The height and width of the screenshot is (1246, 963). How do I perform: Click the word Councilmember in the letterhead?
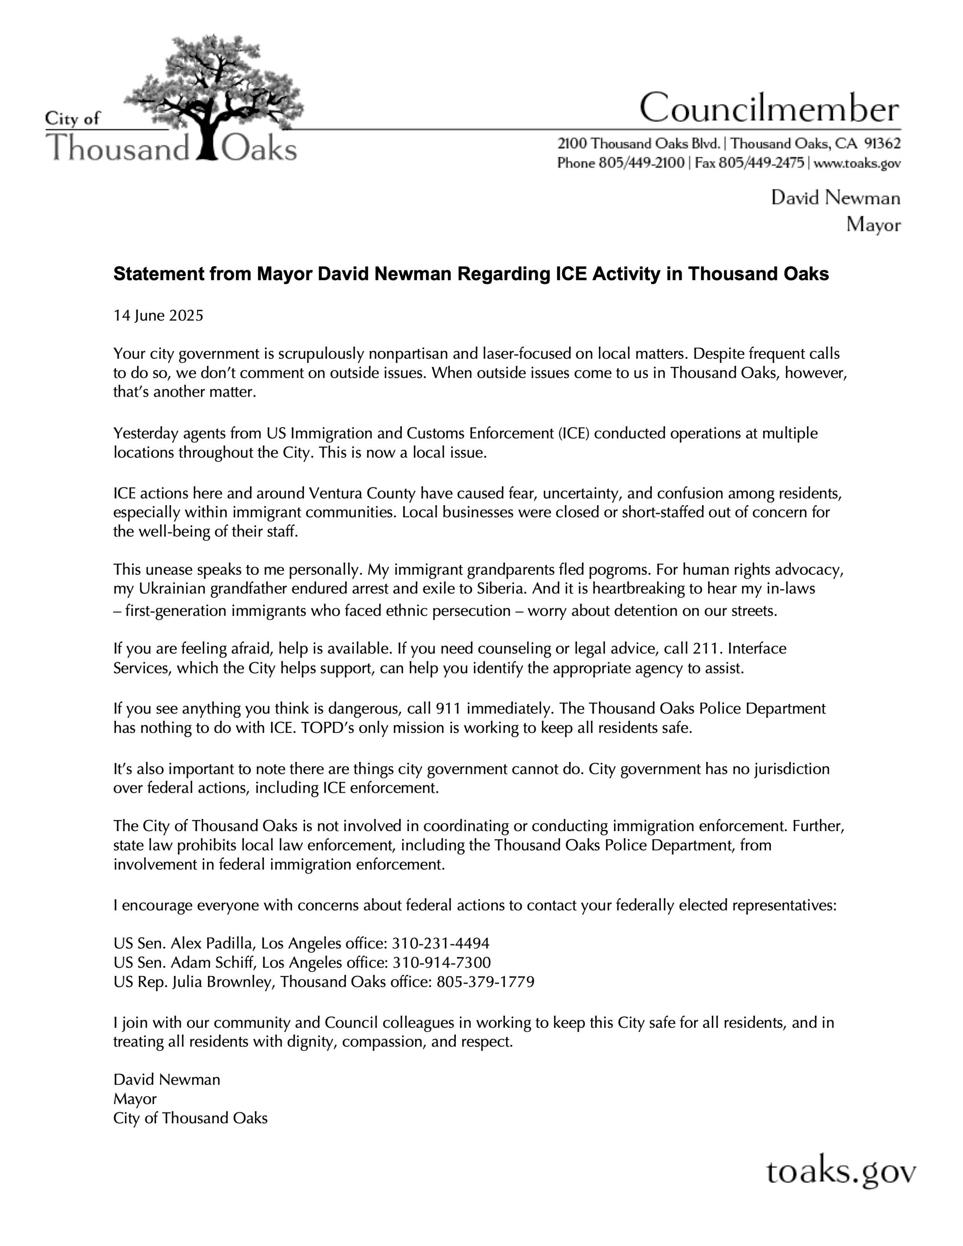pyautogui.click(x=769, y=108)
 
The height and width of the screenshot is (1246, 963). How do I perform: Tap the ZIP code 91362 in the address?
pyautogui.click(x=882, y=143)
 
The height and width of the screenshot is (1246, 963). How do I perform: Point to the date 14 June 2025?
pyautogui.click(x=158, y=316)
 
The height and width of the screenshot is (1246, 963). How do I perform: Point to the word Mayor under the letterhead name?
pyautogui.click(x=873, y=225)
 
